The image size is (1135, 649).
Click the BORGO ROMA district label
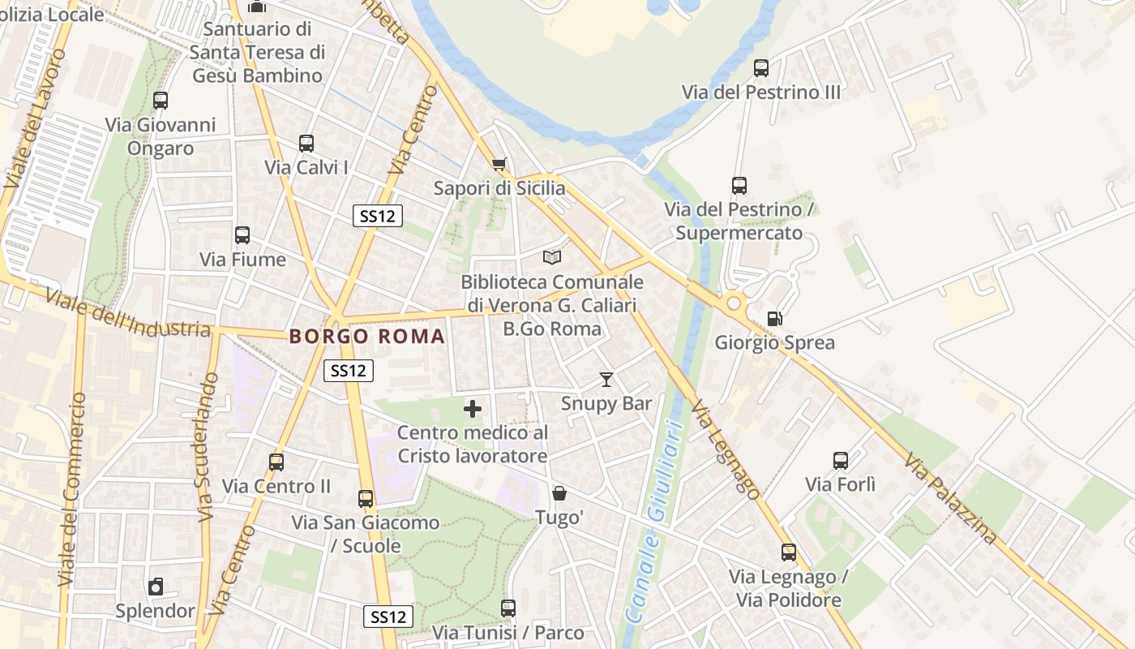pos(367,336)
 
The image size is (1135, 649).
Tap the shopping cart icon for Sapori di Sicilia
pos(499,165)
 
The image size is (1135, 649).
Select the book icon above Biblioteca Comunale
pos(552,257)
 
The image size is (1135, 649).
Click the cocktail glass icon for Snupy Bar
pos(606,379)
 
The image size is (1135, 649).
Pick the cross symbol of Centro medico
pos(473,409)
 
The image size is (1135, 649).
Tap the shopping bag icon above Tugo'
pos(559,492)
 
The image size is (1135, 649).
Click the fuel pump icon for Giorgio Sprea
pos(774,319)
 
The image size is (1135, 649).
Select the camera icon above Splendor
pos(156,587)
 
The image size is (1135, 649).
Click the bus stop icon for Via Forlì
pos(841,461)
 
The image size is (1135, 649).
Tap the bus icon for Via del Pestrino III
pos(761,68)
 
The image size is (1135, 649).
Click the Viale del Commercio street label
pos(71,490)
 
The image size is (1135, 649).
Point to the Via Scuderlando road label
pos(208,446)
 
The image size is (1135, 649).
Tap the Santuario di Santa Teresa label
pos(258,52)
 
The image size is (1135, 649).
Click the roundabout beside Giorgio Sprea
pos(735,303)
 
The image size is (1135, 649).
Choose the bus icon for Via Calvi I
pos(306,144)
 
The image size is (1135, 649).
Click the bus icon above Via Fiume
pos(242,235)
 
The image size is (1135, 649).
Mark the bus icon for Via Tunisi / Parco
pos(508,608)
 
